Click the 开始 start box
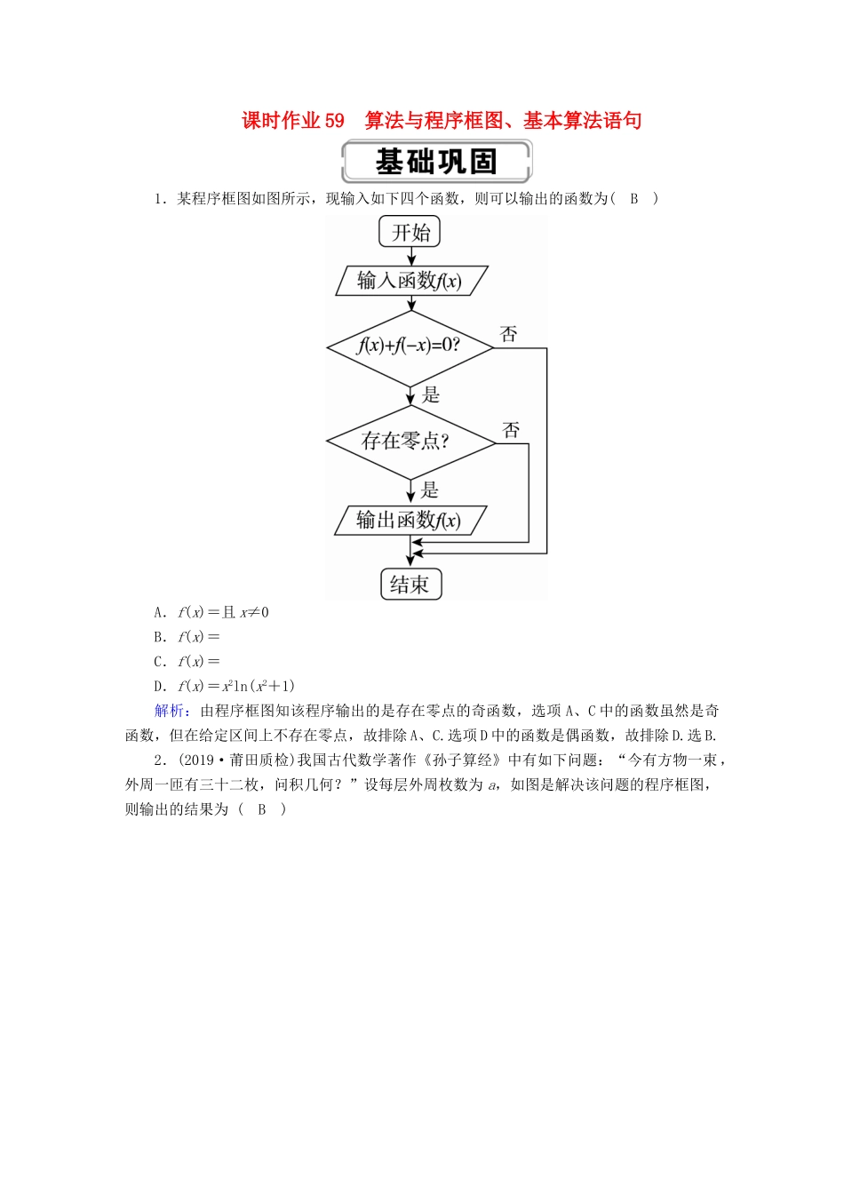(x=410, y=233)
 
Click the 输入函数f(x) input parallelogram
(x=411, y=281)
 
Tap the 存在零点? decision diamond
(x=410, y=441)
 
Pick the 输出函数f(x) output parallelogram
(x=410, y=521)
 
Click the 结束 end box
(x=410, y=585)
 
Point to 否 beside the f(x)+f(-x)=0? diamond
(x=508, y=335)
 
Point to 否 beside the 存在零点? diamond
(x=511, y=431)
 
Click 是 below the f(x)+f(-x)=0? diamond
(x=431, y=395)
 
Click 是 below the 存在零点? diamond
(x=430, y=490)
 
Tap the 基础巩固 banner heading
(x=436, y=162)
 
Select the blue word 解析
(x=169, y=711)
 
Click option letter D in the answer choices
(x=159, y=686)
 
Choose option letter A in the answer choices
(x=159, y=612)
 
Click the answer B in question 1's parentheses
(x=633, y=199)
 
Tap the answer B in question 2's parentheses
(x=261, y=809)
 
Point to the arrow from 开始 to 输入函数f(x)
(x=410, y=257)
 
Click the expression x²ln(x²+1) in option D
(x=259, y=686)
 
